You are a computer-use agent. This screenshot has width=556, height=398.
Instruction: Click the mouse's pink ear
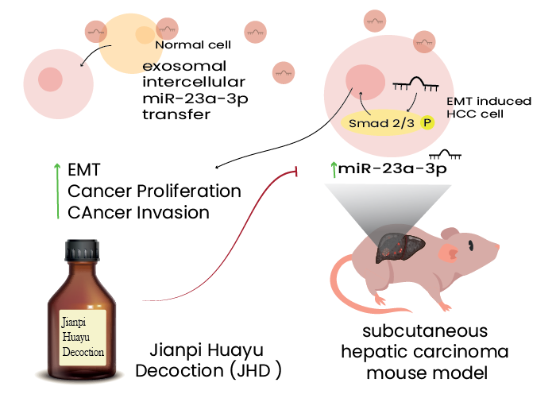pos(447,253)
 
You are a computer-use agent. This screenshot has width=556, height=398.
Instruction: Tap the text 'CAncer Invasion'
pos(138,212)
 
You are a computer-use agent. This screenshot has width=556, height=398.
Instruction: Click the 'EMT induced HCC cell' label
pos(476,108)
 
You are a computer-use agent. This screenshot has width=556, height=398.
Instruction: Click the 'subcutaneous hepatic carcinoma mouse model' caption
pos(421,352)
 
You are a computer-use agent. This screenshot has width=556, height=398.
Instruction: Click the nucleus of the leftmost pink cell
pos(51,79)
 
